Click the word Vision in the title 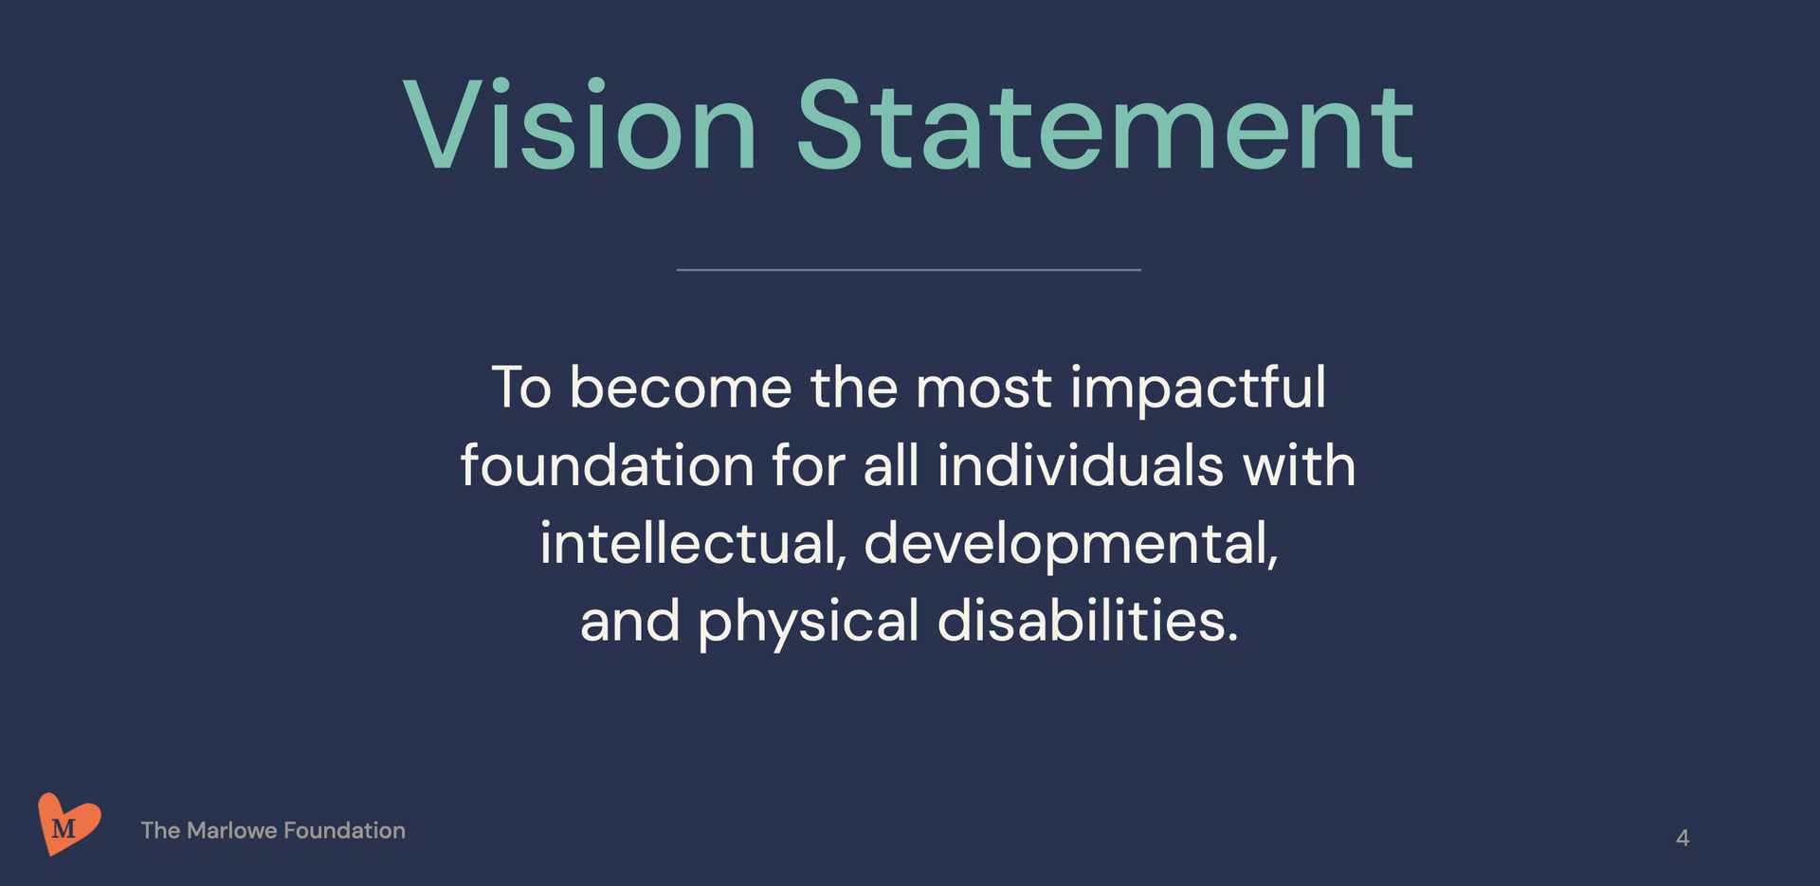click(580, 126)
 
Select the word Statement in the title click(1105, 126)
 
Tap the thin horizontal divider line click(908, 270)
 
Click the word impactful click(1198, 389)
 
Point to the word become click(681, 388)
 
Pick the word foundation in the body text click(607, 465)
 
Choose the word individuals click(1081, 465)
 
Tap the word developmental click(1071, 545)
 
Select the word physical click(809, 623)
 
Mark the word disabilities click(1088, 621)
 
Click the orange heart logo click(68, 823)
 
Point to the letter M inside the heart click(64, 829)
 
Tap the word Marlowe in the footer click(231, 830)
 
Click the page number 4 click(1683, 838)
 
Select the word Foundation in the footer click(344, 830)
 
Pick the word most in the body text click(983, 389)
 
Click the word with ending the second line click(1300, 465)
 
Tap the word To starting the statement click(521, 388)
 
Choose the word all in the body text click(891, 465)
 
